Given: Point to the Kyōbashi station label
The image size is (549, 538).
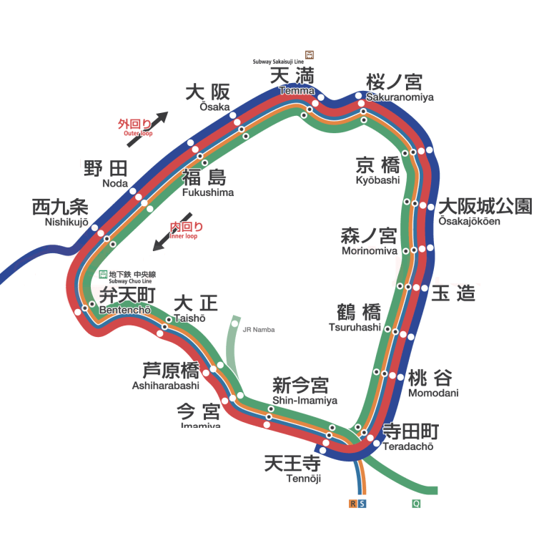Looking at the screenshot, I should [x=378, y=171].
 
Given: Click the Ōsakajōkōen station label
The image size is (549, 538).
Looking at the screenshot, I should [x=485, y=211].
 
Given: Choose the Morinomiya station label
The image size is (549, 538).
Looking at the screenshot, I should [x=369, y=241].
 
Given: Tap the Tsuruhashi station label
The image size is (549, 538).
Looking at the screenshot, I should [x=355, y=318].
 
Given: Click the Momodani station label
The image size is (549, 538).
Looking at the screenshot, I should [x=431, y=383].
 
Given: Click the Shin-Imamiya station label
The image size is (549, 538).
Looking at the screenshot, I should [x=302, y=391].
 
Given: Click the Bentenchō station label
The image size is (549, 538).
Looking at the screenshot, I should [x=126, y=301].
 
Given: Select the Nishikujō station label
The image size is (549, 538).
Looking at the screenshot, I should [x=60, y=212].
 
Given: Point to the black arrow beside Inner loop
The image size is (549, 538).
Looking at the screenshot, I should [x=172, y=232].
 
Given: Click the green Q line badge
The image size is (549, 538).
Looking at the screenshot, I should [x=415, y=504].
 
